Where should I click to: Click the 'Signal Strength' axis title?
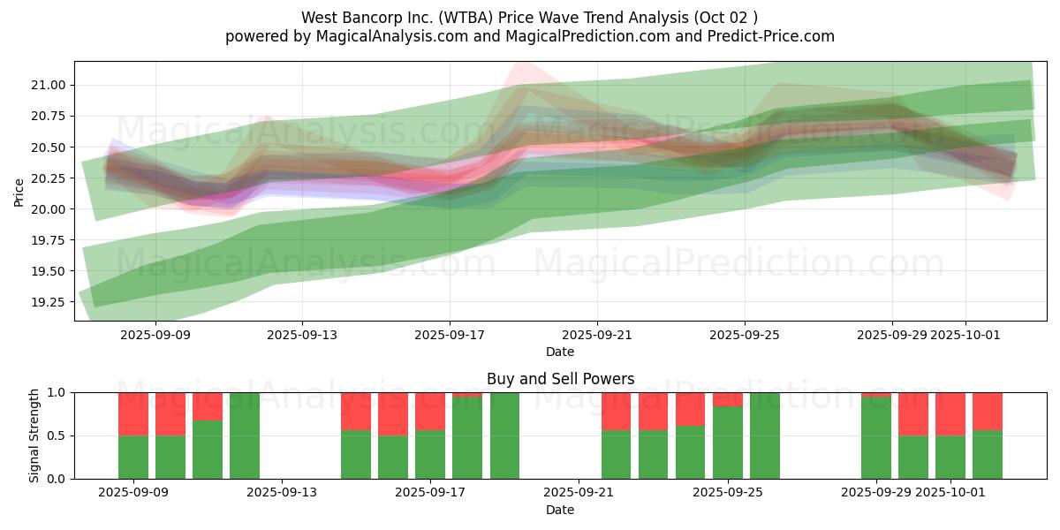click(35, 435)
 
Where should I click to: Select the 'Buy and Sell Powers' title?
click(560, 379)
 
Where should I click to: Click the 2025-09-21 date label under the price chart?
click(597, 335)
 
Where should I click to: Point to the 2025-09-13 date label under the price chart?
click(302, 335)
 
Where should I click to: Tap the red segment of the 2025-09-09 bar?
click(133, 413)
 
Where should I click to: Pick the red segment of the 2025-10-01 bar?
click(950, 413)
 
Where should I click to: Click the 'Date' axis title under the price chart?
click(560, 352)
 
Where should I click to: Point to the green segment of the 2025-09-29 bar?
click(876, 438)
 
